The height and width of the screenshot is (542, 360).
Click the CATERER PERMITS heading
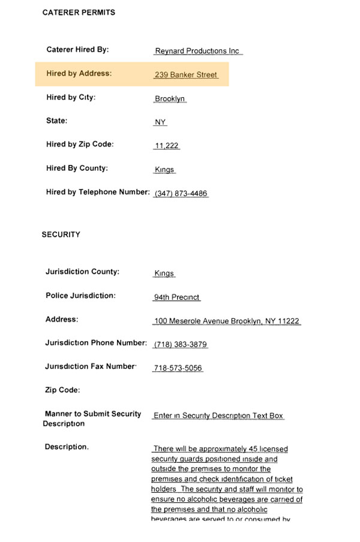click(x=79, y=13)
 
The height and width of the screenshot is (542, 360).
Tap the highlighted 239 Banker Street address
click(x=186, y=75)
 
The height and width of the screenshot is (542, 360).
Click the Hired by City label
click(x=71, y=97)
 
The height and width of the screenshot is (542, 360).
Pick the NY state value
click(x=160, y=122)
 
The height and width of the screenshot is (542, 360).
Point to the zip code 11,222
click(x=167, y=146)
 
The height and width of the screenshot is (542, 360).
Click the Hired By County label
click(x=77, y=168)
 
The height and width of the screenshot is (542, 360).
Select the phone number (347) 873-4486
click(x=181, y=194)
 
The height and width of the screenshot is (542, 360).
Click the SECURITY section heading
click(x=61, y=234)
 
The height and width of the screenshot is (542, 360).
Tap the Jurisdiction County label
click(x=82, y=272)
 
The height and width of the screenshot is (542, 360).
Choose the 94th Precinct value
click(x=176, y=297)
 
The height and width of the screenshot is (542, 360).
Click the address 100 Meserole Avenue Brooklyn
click(x=226, y=321)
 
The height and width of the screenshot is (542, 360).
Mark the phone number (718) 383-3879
click(x=181, y=345)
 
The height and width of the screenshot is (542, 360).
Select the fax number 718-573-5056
click(x=178, y=368)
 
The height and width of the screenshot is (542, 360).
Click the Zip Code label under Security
click(x=62, y=390)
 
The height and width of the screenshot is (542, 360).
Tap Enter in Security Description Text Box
click(x=218, y=415)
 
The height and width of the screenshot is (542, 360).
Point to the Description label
click(x=67, y=447)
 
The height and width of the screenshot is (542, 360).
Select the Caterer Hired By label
click(x=77, y=50)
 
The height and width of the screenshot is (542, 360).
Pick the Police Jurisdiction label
click(x=80, y=296)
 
